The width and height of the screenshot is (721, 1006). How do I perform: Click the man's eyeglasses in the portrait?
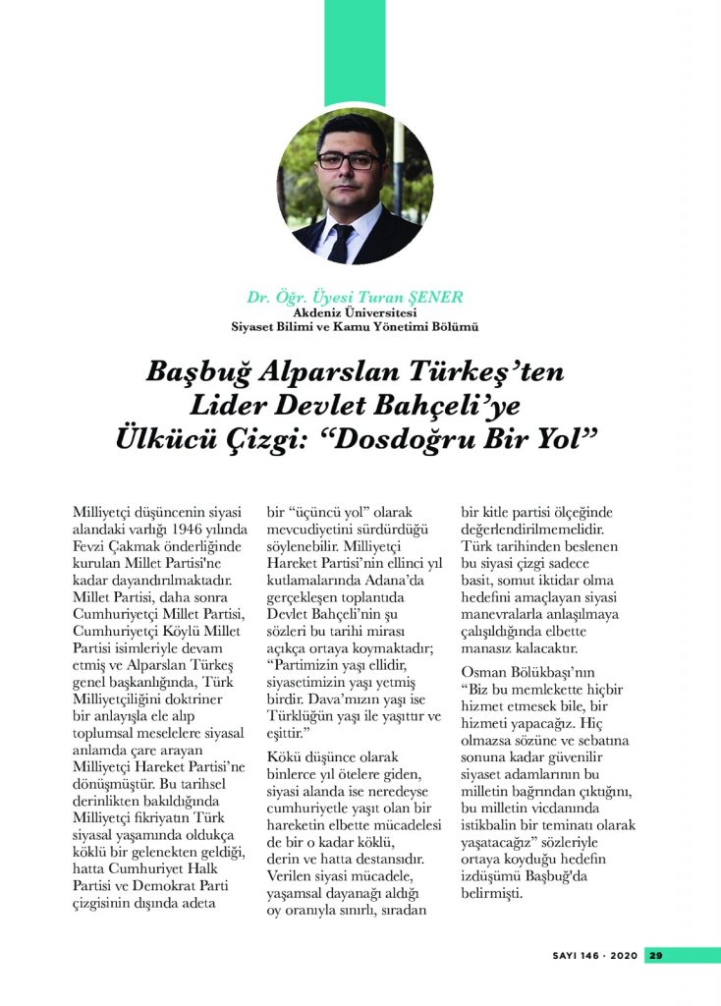[349, 160]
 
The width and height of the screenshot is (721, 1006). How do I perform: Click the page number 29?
[657, 955]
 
